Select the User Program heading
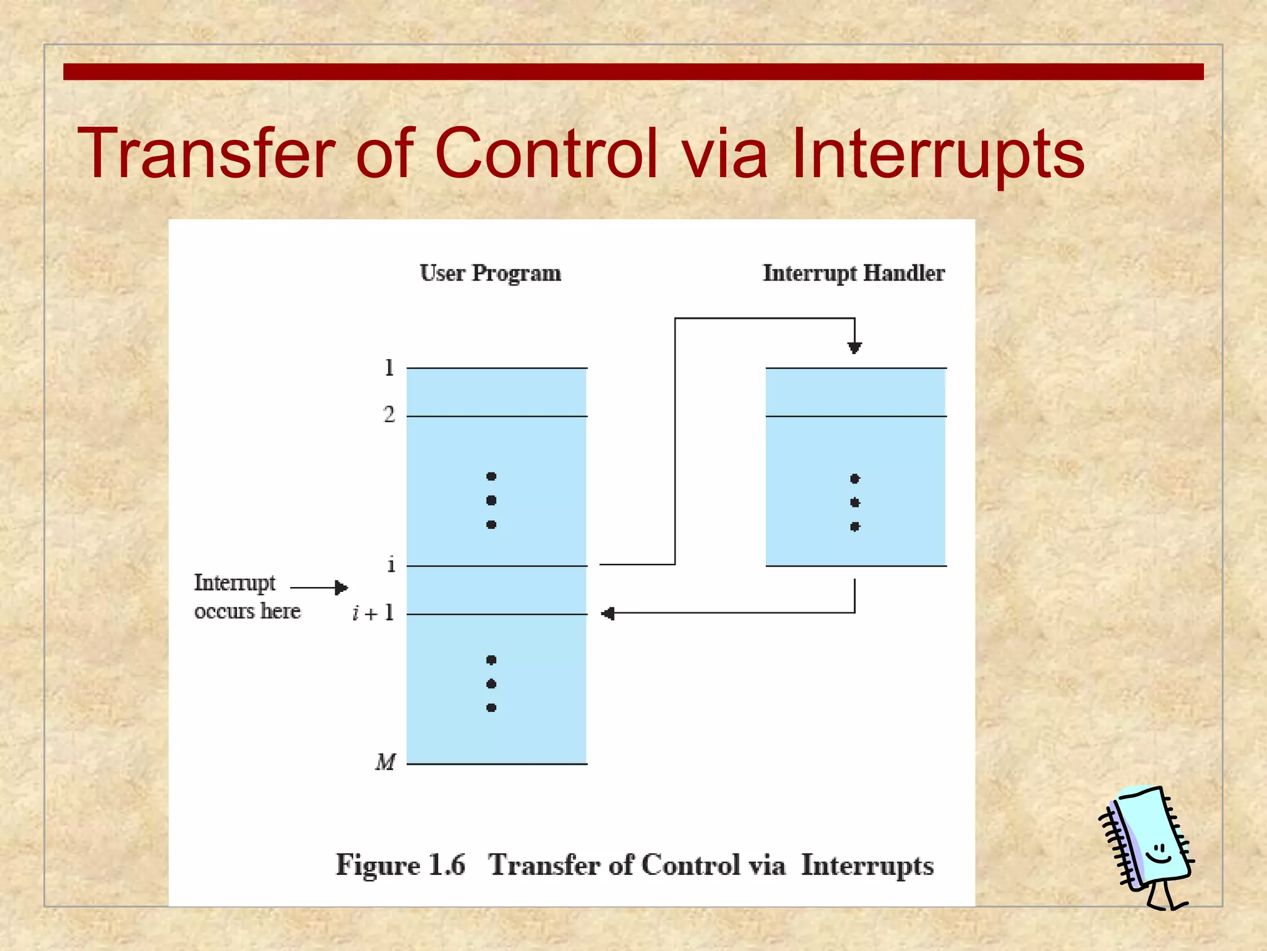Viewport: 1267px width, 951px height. [x=490, y=273]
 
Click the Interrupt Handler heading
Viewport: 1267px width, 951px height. [x=853, y=273]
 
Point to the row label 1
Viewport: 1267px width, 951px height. [x=389, y=368]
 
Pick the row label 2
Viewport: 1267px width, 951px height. [x=389, y=414]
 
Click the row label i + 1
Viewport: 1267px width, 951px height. [x=374, y=613]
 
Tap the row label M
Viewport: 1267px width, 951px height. [x=385, y=762]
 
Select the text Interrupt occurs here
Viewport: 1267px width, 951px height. [x=246, y=596]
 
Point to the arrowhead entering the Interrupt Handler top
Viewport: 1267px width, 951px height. [x=854, y=349]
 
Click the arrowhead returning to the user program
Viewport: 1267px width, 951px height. [x=608, y=614]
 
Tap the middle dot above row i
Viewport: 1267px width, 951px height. [x=491, y=500]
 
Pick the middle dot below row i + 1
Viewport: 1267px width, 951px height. [x=491, y=684]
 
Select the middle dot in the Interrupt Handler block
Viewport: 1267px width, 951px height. [x=855, y=502]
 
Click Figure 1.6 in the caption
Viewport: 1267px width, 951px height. [x=400, y=865]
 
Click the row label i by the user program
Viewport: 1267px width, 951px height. [x=391, y=565]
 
